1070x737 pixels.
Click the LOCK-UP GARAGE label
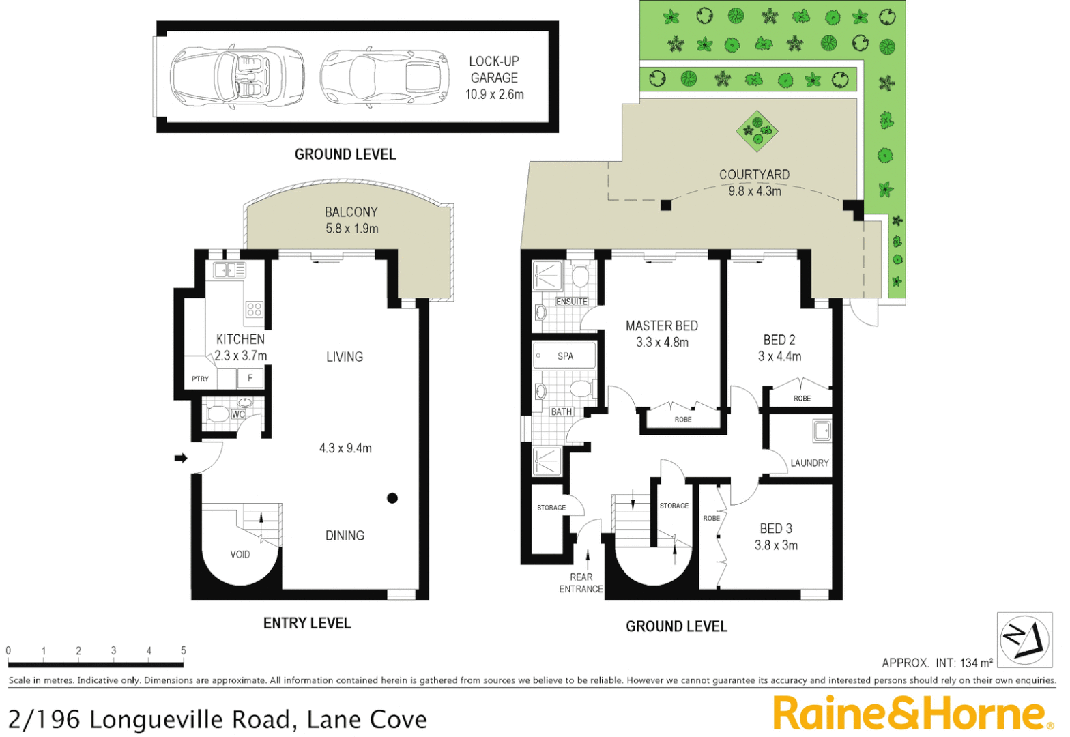(494, 70)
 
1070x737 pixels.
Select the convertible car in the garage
(236, 76)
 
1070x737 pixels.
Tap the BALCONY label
(351, 212)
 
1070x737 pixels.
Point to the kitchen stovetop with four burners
(254, 309)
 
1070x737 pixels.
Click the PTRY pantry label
(200, 379)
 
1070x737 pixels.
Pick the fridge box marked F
(250, 378)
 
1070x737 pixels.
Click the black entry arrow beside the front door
(181, 458)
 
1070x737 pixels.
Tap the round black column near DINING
(392, 498)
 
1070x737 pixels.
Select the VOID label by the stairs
(240, 554)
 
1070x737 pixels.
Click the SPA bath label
(565, 356)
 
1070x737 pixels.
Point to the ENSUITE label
(571, 302)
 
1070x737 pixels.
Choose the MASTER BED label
(661, 326)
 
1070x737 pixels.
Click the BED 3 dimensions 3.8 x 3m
(776, 545)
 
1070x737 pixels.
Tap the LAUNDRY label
(809, 463)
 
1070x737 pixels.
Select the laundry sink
(822, 431)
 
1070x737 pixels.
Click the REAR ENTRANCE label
(581, 583)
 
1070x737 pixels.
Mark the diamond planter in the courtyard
(757, 130)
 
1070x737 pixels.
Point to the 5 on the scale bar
(183, 650)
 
